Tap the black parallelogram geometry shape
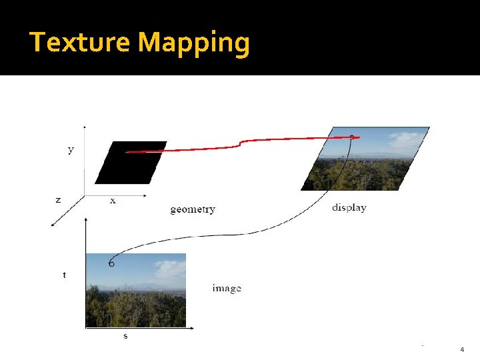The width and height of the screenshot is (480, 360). click(131, 162)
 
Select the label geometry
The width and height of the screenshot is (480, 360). click(193, 209)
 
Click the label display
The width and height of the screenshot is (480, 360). click(349, 207)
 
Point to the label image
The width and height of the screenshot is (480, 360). click(227, 288)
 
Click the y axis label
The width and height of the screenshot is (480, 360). click(71, 150)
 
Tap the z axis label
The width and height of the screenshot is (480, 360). click(58, 199)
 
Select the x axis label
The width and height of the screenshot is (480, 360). click(113, 201)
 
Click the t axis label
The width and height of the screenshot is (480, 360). click(64, 275)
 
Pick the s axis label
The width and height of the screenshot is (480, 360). click(125, 336)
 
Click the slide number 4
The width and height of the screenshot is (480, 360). click(462, 349)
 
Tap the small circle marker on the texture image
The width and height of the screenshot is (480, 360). click(111, 263)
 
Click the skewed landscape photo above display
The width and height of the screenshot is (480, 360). click(365, 160)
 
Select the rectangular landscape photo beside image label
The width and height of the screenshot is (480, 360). click(136, 290)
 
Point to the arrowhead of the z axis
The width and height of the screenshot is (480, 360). click(53, 225)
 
